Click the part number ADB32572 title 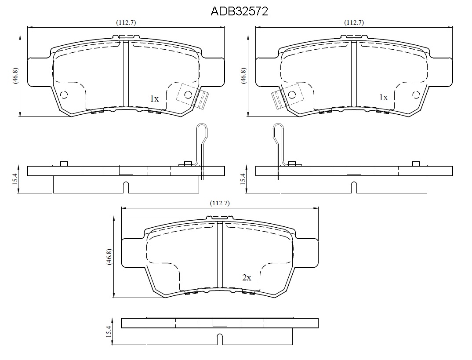(240, 11)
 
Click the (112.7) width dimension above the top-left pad (126, 22)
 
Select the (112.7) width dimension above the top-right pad (354, 22)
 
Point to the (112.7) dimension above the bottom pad (220, 203)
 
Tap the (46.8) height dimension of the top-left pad (16, 76)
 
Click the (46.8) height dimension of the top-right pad (243, 76)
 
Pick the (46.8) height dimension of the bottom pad (109, 256)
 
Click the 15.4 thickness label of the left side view (16, 179)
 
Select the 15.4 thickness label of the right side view (243, 179)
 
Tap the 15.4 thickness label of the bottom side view (109, 331)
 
